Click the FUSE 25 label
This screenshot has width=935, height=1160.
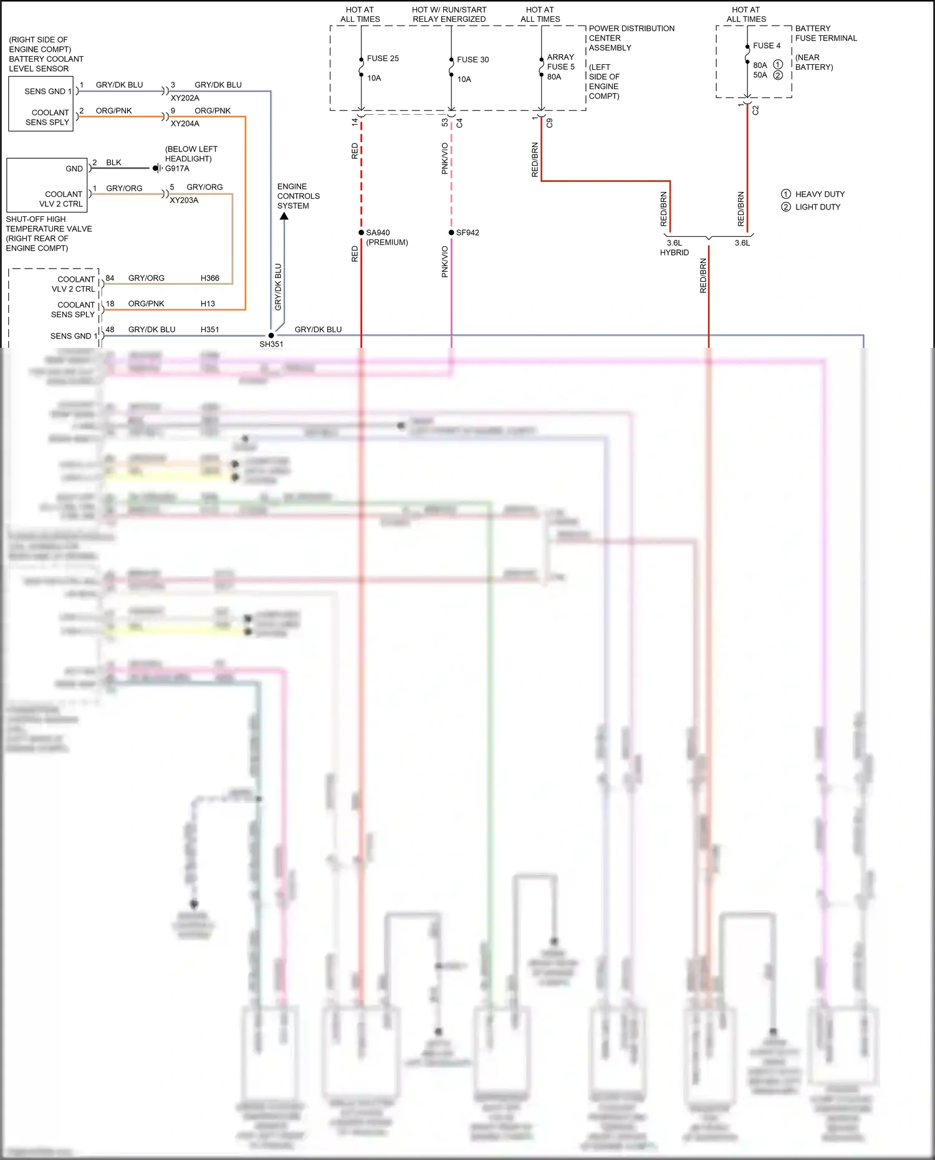point(382,59)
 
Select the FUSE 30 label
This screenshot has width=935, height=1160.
point(472,60)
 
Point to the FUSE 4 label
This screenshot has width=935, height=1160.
point(766,46)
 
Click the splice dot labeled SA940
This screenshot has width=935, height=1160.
point(362,232)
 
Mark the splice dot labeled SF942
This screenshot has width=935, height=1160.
point(451,232)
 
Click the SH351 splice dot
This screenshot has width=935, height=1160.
point(271,335)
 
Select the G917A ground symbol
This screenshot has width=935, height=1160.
point(156,168)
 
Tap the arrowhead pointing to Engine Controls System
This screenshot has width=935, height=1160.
point(284,216)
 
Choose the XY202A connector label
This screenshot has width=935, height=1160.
point(185,98)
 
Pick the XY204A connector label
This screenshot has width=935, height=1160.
point(185,123)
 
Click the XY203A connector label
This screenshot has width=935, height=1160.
point(184,200)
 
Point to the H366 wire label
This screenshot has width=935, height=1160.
point(209,278)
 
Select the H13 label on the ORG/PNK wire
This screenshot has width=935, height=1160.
point(208,304)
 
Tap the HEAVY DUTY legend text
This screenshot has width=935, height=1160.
point(820,194)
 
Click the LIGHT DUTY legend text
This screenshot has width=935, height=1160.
point(817,207)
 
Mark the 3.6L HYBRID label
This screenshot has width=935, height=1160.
point(674,247)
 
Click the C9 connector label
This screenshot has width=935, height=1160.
point(549,123)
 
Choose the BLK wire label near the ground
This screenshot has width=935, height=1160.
point(113,163)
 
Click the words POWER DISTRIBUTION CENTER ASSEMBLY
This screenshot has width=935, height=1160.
point(631,38)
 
